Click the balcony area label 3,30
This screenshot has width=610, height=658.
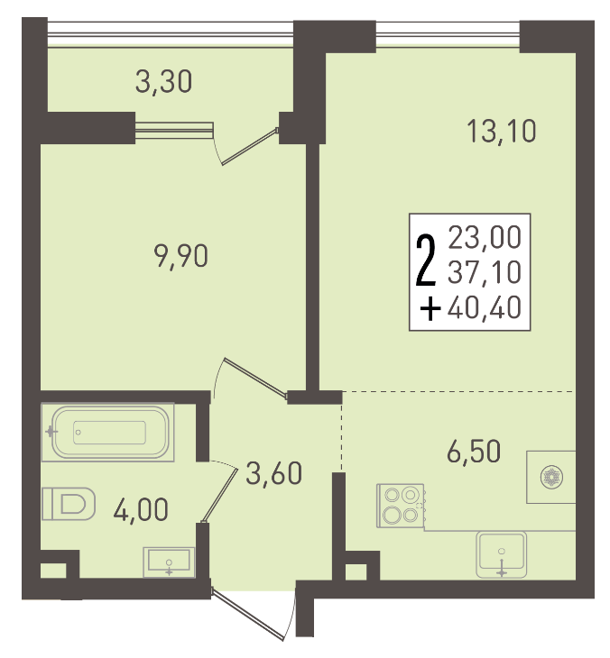[x=163, y=82]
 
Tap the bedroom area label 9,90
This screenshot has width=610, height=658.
[x=180, y=256]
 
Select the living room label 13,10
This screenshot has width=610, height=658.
[x=501, y=131]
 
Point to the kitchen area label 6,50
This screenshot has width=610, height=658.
[x=474, y=451]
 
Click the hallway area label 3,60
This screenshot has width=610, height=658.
[x=273, y=473]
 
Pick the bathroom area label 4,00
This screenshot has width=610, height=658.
[x=141, y=509]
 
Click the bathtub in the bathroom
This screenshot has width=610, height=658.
[x=108, y=433]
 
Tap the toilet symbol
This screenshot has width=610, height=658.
[x=69, y=504]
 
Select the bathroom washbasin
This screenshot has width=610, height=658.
[x=169, y=562]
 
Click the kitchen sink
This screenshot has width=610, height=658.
[x=501, y=554]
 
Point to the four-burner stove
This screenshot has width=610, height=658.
[x=401, y=506]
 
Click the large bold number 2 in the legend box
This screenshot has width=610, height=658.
[x=425, y=260]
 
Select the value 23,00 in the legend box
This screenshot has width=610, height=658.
[x=485, y=237]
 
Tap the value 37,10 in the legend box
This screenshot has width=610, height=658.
[x=485, y=272]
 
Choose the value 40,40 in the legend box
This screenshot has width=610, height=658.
[x=485, y=307]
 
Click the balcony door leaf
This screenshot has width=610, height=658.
[x=250, y=146]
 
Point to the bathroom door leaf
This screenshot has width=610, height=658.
[x=220, y=496]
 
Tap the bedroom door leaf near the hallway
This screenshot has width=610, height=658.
[x=255, y=377]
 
